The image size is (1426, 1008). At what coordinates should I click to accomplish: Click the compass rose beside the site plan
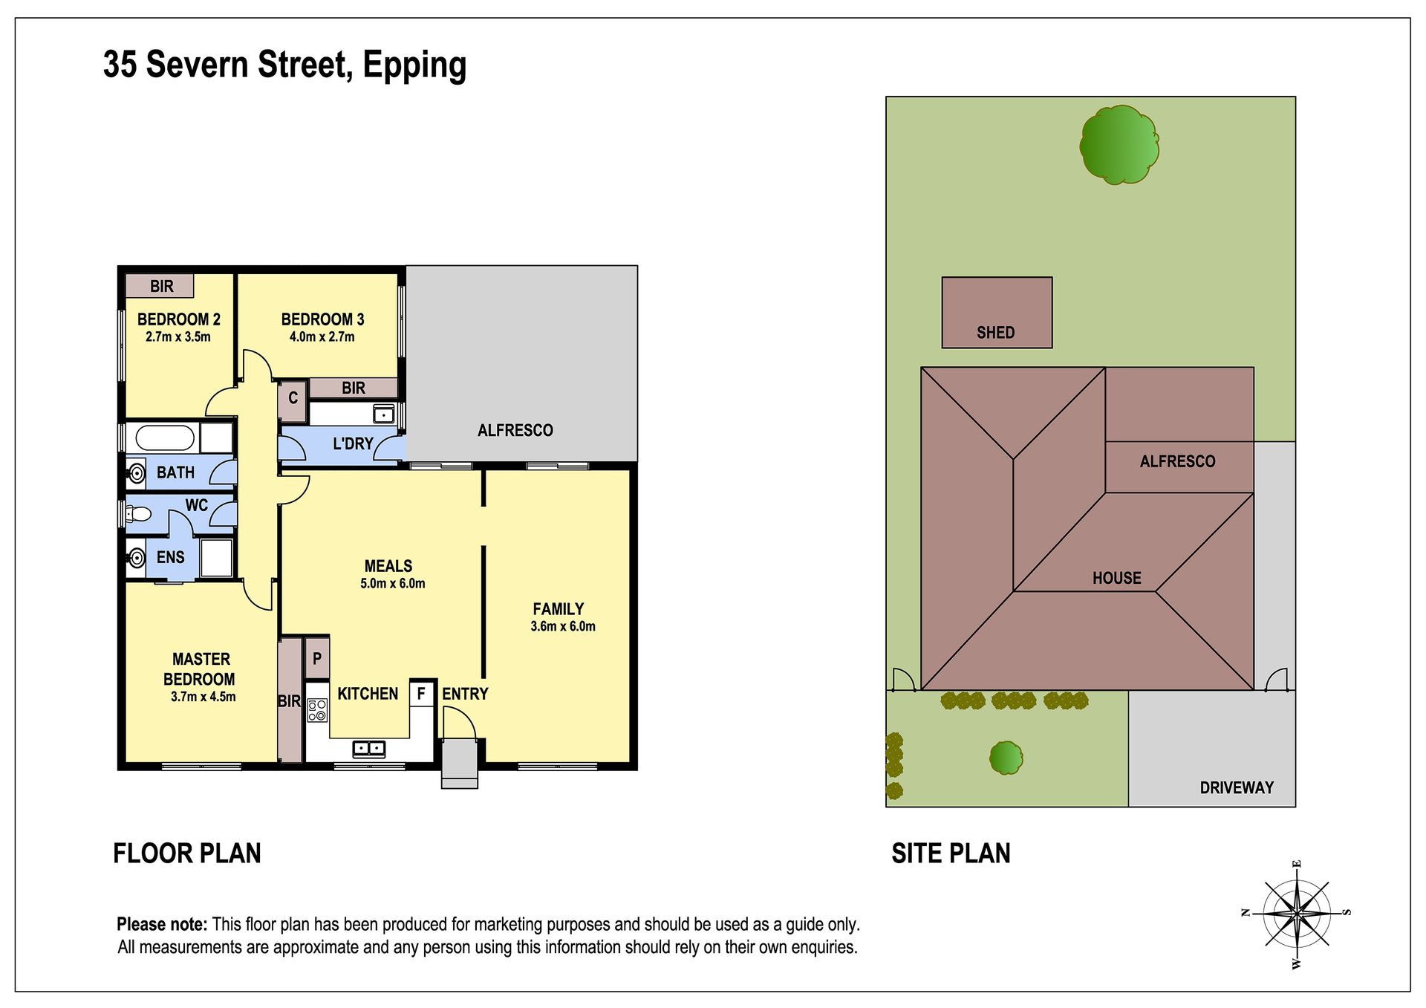[x=1296, y=913]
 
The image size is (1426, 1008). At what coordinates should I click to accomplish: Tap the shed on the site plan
[x=997, y=313]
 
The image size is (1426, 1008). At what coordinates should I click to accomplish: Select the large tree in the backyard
[x=1119, y=145]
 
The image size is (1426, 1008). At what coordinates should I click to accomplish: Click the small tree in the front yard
[x=1006, y=758]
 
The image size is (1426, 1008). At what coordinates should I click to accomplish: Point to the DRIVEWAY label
[x=1237, y=787]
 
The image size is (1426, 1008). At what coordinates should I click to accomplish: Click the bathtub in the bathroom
[x=165, y=438]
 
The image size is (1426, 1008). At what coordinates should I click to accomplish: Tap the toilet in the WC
[x=137, y=513]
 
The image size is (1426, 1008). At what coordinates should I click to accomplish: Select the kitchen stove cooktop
[x=317, y=711]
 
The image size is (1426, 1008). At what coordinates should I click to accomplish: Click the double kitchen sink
[x=368, y=748]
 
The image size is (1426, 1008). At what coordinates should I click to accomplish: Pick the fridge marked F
[x=421, y=693]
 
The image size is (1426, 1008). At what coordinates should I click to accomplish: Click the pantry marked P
[x=317, y=658]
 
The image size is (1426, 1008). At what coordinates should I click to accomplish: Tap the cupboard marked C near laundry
[x=293, y=398]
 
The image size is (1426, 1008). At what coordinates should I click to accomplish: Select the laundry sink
[x=383, y=414]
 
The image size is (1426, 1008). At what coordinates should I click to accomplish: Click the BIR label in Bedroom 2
[x=161, y=286]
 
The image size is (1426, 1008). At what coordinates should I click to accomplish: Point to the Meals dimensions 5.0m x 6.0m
[x=393, y=584]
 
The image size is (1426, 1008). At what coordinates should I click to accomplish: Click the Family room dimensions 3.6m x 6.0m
[x=563, y=626]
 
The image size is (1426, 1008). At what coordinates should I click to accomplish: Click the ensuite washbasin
[x=136, y=558]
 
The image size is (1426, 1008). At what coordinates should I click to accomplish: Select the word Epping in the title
[x=414, y=65]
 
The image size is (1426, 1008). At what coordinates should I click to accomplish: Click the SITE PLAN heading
[x=951, y=853]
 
